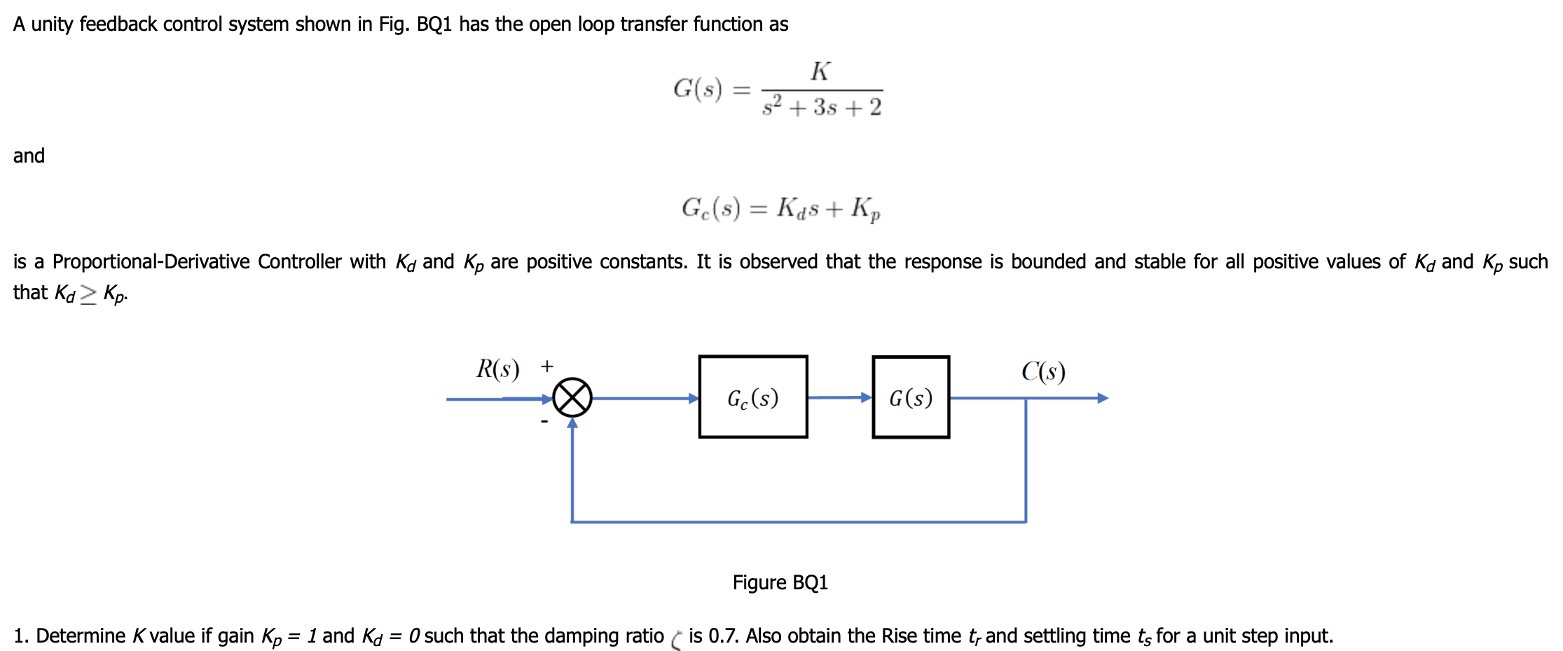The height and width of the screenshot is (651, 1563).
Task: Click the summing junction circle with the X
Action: click(x=572, y=398)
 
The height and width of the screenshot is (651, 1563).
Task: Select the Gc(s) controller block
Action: click(x=753, y=397)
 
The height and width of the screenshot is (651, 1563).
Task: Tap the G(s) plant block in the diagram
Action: click(x=911, y=397)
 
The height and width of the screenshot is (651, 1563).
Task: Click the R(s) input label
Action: click(x=497, y=369)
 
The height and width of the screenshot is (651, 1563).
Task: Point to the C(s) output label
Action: click(x=1043, y=371)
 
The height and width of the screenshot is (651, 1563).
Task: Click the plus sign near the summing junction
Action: click(x=547, y=366)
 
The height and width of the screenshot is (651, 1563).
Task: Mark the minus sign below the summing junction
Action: click(x=544, y=421)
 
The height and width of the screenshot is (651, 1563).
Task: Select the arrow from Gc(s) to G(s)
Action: click(x=840, y=397)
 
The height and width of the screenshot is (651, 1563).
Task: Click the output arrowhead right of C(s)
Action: click(x=1103, y=398)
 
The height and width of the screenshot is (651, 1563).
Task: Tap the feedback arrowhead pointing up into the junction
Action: click(x=572, y=423)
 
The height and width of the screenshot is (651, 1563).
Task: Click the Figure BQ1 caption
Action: click(x=780, y=582)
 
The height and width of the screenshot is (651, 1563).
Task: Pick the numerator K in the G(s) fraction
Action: click(x=820, y=71)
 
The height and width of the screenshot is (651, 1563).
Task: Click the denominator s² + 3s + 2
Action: click(x=822, y=107)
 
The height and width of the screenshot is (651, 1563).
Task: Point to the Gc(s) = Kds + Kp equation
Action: click(x=780, y=208)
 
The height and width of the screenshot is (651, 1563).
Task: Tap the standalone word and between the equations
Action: click(x=29, y=156)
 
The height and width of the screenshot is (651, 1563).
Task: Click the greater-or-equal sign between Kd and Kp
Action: click(x=88, y=294)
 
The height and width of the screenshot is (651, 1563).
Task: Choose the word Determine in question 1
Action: click(x=81, y=636)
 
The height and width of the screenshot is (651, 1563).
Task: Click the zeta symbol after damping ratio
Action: click(x=676, y=639)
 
